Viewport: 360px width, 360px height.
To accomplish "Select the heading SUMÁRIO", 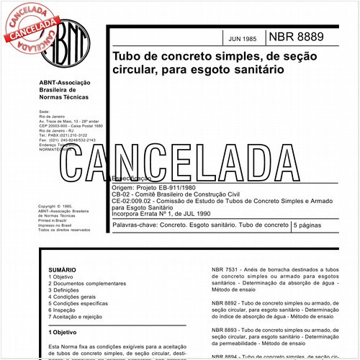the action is pos(61,267).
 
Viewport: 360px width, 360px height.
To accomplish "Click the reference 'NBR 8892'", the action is pos(225,302).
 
